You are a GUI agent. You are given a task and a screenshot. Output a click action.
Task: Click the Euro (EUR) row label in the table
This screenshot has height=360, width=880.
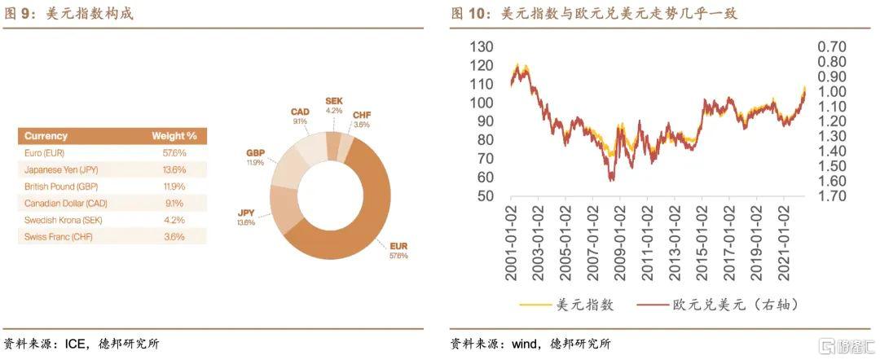pos(45,152)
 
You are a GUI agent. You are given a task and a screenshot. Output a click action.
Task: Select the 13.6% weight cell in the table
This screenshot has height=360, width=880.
pos(174,169)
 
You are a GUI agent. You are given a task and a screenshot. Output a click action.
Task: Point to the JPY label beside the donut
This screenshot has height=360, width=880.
pos(246,213)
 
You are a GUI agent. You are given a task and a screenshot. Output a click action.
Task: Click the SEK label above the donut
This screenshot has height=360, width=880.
pos(334,99)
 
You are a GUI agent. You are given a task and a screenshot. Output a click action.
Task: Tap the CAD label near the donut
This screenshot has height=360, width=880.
pos(299,112)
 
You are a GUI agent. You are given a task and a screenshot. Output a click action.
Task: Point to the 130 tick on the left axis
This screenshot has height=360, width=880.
pos(482,46)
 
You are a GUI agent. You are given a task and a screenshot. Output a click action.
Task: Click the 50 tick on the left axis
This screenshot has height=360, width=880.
pos(486,196)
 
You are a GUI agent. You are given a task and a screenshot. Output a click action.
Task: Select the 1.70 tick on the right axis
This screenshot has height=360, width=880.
pos(832,196)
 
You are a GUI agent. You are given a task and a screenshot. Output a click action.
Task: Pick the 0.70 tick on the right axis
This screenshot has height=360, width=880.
pos(832,46)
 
